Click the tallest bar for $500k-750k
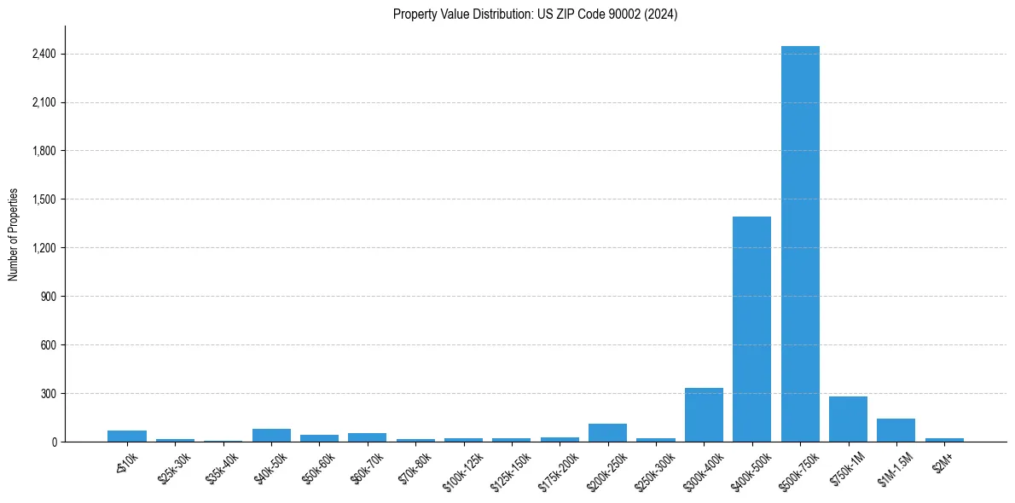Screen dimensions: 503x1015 click(800, 244)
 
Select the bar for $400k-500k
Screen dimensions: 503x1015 click(751, 329)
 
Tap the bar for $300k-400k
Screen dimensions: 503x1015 click(704, 415)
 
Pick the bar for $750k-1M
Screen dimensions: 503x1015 click(848, 419)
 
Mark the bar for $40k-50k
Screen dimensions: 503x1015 click(271, 436)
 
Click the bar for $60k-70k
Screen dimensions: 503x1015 click(367, 437)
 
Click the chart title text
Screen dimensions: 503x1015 click(535, 14)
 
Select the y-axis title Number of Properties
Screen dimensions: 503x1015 click(14, 234)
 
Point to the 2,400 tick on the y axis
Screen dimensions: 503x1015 click(43, 54)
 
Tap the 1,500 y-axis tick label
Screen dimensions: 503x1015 click(43, 199)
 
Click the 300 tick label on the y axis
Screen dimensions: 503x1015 click(48, 394)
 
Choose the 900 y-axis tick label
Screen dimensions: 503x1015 click(48, 297)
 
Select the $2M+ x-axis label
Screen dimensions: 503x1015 click(941, 460)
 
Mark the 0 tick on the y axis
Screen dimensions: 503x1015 click(53, 442)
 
